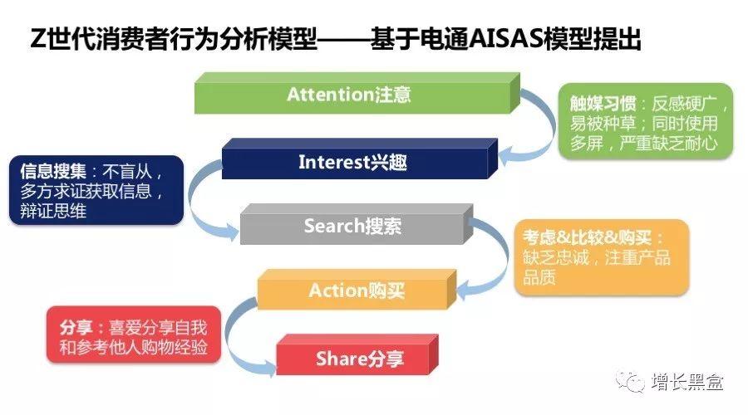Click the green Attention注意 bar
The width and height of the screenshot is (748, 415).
[357, 94]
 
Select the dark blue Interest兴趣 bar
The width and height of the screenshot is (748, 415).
[360, 159]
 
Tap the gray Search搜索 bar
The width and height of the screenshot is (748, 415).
[357, 224]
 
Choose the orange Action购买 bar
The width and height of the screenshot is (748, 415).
[357, 290]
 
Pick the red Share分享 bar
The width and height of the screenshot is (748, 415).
[357, 355]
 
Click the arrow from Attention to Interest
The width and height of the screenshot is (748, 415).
[549, 126]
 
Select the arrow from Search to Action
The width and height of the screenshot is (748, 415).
[504, 257]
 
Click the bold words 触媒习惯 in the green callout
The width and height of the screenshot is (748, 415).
[603, 104]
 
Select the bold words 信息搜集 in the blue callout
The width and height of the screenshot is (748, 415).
[53, 171]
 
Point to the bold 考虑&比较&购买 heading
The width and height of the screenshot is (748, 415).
[588, 237]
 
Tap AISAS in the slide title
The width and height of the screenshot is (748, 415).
[506, 39]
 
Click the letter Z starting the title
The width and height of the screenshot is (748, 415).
[38, 39]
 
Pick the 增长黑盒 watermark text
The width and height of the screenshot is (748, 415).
[687, 382]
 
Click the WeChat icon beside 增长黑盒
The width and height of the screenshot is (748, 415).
[630, 381]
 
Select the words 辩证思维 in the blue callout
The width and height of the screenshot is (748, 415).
[53, 211]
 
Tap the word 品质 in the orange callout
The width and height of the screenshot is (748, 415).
[539, 277]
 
